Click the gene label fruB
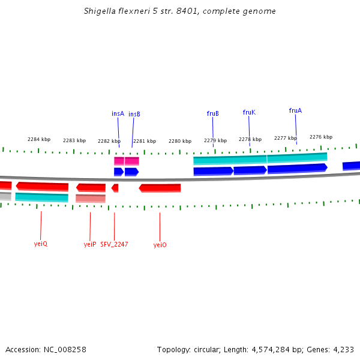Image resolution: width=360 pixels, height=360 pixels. click(x=212, y=113)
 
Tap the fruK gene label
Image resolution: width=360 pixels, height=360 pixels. click(x=249, y=112)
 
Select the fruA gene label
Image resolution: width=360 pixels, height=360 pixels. click(x=295, y=110)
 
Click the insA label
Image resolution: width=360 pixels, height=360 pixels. click(x=118, y=113)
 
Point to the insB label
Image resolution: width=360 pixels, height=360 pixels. click(x=134, y=114)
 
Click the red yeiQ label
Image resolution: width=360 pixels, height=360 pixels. click(x=41, y=244)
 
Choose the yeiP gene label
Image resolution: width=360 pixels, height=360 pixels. click(x=90, y=244)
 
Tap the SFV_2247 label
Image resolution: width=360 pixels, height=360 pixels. click(x=114, y=244)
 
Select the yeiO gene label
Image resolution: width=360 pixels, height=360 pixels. click(x=160, y=245)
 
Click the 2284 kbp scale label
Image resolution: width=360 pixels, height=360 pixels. click(x=39, y=139)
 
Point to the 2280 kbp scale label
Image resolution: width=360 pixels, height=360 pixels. click(x=179, y=141)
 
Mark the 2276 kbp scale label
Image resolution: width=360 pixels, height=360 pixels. click(x=320, y=137)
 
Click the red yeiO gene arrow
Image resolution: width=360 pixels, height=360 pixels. click(x=160, y=188)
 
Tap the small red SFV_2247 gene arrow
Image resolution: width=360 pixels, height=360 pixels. click(x=115, y=188)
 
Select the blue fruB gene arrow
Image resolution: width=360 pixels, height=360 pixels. click(x=213, y=171)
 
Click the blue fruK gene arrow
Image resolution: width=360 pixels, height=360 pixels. click(x=250, y=170)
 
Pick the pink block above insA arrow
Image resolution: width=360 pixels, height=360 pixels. click(x=119, y=161)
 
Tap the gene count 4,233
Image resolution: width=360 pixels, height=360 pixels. click(x=343, y=349)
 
